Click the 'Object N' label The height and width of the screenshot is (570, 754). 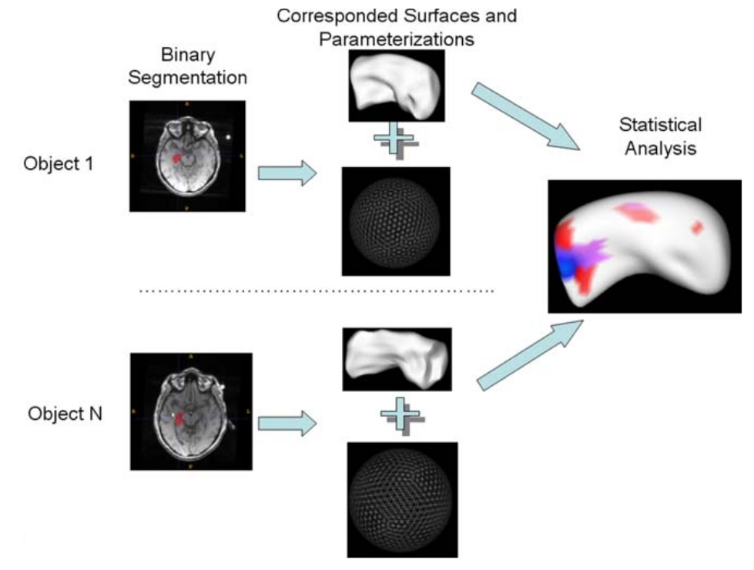click(x=65, y=414)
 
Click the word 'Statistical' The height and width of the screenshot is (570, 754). click(x=660, y=125)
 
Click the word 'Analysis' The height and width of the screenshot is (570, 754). click(x=660, y=147)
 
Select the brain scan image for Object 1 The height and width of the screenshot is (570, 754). click(x=187, y=156)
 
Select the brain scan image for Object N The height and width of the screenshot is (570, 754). click(x=191, y=411)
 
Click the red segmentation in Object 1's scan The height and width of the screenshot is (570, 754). click(x=176, y=158)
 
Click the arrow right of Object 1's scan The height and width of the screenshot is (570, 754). click(x=287, y=173)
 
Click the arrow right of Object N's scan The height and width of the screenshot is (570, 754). click(x=287, y=422)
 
